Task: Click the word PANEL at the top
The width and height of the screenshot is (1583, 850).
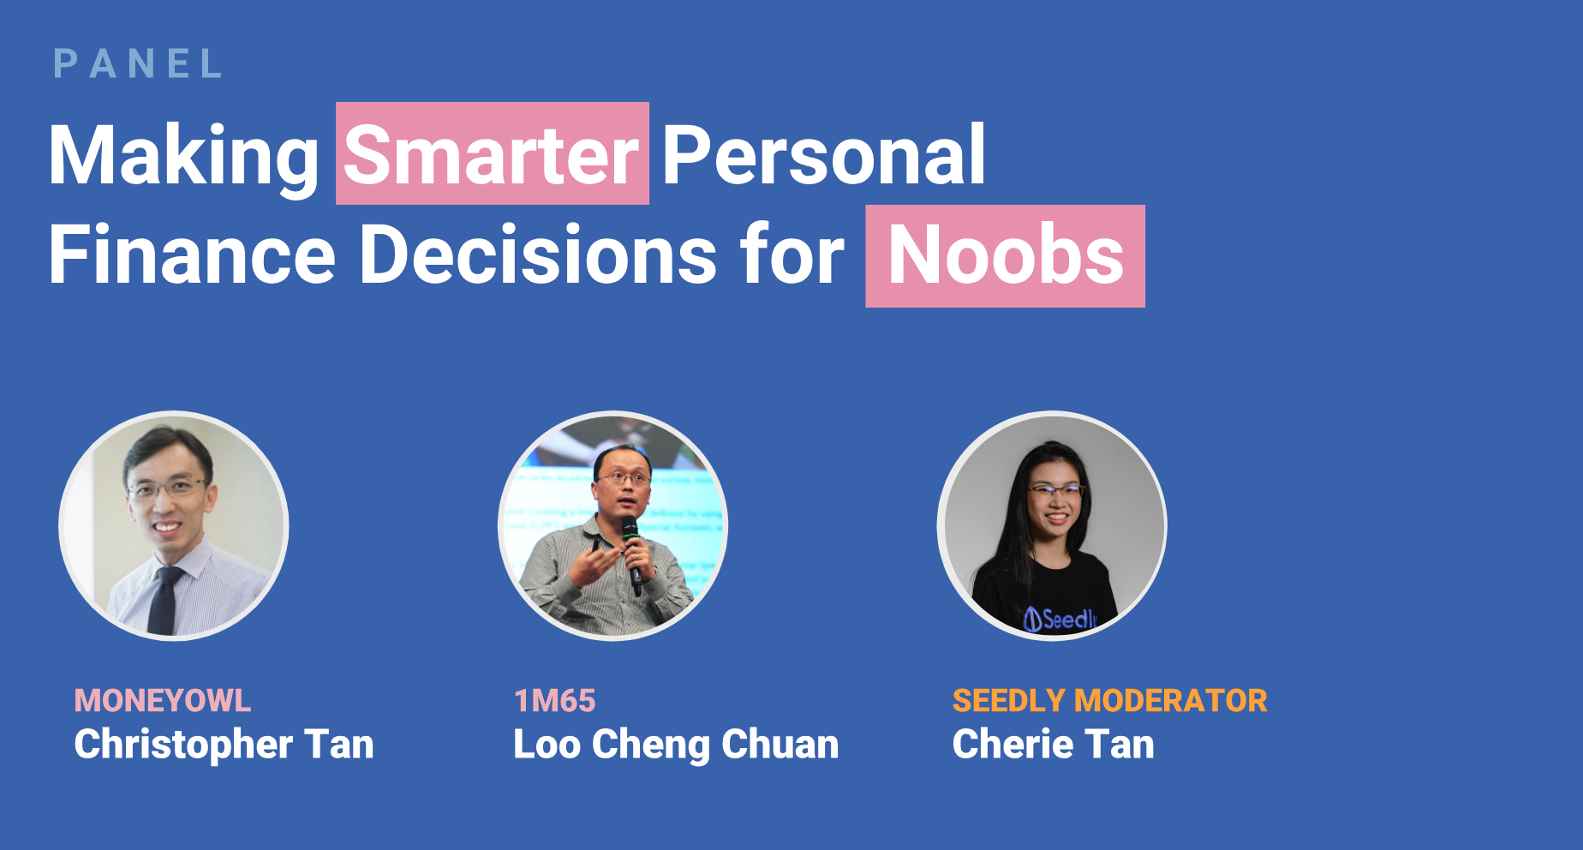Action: [x=138, y=64]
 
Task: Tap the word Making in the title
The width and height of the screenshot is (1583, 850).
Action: [x=184, y=156]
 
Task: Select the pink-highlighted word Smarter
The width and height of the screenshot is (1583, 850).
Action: [x=492, y=154]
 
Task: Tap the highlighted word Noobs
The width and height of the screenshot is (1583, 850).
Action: [x=1006, y=255]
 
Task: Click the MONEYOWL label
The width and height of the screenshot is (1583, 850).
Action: [x=163, y=701]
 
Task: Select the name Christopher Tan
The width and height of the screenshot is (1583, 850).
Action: [x=224, y=744]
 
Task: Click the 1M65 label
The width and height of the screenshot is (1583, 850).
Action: [x=555, y=701]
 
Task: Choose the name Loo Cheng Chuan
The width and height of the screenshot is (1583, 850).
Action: [x=676, y=744]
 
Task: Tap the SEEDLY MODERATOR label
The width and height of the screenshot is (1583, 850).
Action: [x=1110, y=701]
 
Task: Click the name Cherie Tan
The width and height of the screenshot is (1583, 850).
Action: [x=1054, y=744]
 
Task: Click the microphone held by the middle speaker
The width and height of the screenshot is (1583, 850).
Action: [x=632, y=554]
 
